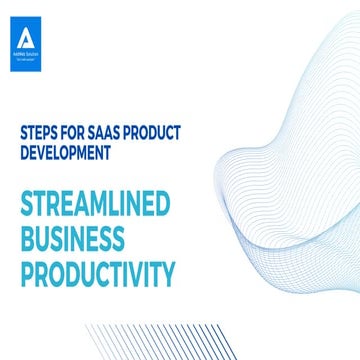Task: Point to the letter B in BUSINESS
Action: click(27, 239)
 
